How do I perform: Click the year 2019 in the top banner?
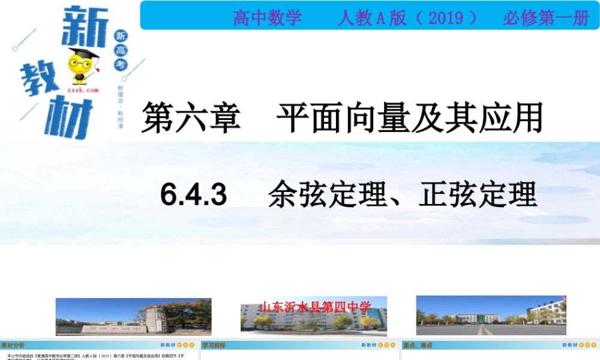[x=445, y=18]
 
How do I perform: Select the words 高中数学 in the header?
[x=268, y=18]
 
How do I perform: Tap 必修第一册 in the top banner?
[x=546, y=18]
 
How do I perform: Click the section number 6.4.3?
[x=194, y=195]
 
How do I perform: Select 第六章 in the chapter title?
[x=191, y=117]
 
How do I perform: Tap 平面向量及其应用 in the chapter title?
[x=409, y=117]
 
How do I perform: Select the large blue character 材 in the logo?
[x=67, y=118]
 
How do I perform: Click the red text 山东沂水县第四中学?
[x=314, y=307]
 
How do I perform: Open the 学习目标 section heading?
[x=214, y=345]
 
